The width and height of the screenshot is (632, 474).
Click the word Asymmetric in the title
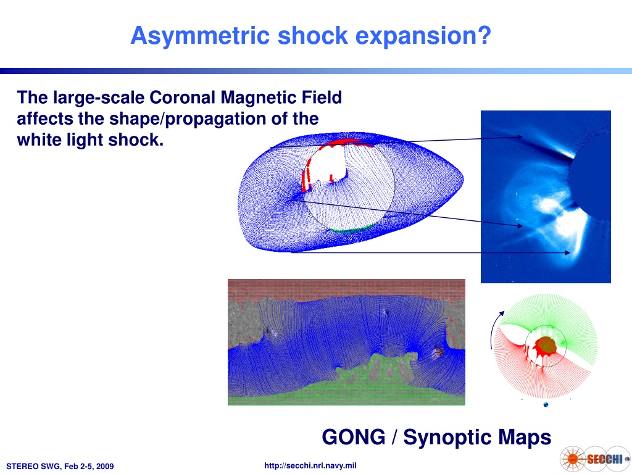(x=201, y=36)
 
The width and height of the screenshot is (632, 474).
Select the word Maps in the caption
(x=524, y=438)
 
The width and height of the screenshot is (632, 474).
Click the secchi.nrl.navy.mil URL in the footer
(x=310, y=465)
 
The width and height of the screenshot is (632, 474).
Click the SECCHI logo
(x=594, y=459)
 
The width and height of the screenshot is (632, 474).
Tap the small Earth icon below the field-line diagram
(x=546, y=405)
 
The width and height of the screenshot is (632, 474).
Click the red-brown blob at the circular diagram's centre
(x=546, y=345)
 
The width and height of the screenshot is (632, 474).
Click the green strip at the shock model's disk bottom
(x=351, y=229)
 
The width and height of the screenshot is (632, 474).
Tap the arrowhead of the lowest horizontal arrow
(x=568, y=252)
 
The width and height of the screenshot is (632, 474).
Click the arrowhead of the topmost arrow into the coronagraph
(x=520, y=137)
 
